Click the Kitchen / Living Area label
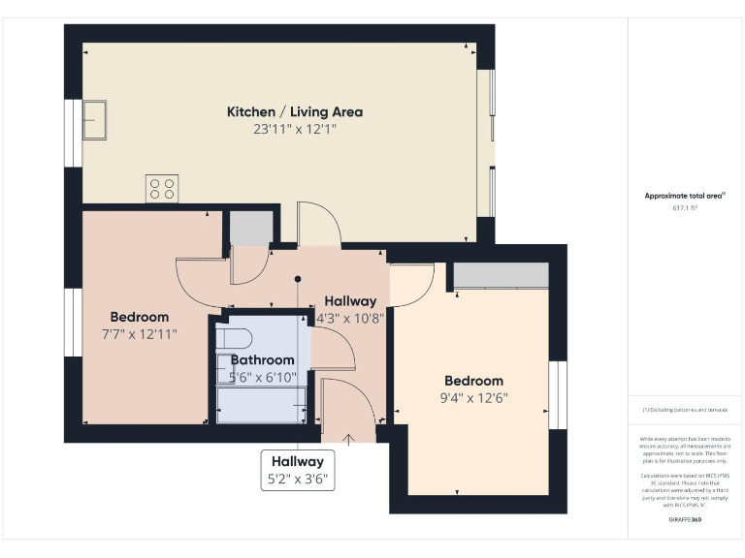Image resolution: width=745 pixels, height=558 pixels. tap(294, 112)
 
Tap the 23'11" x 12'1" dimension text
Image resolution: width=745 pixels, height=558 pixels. tap(294, 129)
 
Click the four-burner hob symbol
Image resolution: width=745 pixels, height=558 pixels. tap(162, 187)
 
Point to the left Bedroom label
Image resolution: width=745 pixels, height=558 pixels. tap(139, 317)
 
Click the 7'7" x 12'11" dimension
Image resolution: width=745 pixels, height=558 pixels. tap(139, 333)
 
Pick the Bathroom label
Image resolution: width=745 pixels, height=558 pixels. tap(262, 360)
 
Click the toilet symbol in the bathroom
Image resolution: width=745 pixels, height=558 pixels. tap(232, 338)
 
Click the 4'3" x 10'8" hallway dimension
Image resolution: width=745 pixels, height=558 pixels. tap(351, 317)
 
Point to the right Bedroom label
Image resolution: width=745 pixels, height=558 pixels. tap(473, 381)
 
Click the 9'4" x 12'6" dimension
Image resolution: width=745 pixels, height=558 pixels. tap(473, 397)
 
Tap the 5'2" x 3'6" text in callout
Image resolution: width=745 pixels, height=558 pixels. tap(298, 478)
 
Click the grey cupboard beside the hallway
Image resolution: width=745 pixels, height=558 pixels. tap(250, 229)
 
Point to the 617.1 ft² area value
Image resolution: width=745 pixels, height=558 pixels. tap(685, 207)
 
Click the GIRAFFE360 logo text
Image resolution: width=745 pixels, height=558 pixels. tap(685, 521)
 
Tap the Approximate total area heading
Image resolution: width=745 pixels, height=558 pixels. tap(685, 196)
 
